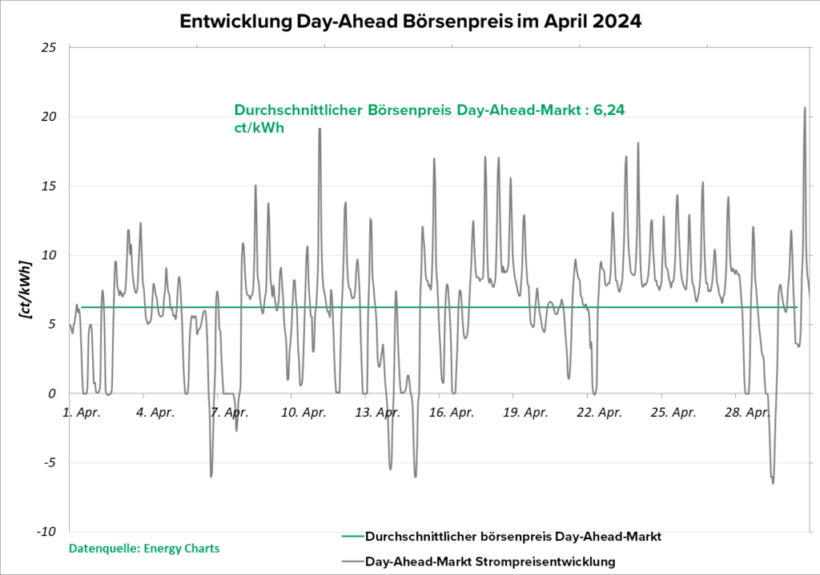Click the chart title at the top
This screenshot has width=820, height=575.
(x=410, y=21)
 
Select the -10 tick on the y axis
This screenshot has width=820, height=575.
(x=46, y=532)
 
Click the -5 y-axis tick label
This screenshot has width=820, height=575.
(x=49, y=463)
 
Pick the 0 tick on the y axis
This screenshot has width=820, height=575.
(x=52, y=393)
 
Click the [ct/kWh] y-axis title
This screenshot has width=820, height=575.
(x=25, y=289)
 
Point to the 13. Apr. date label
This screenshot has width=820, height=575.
(x=378, y=413)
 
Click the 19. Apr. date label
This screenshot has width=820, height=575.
(x=526, y=413)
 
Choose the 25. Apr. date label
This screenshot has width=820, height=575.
(x=673, y=413)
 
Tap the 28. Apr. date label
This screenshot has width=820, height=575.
(x=747, y=413)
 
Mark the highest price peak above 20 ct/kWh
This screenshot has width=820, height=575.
(x=805, y=108)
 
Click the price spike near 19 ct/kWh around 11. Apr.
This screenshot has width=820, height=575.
(x=320, y=129)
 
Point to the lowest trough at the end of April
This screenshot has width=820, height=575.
(x=773, y=483)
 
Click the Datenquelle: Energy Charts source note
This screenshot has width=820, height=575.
(x=144, y=549)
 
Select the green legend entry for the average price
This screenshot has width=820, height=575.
(x=501, y=536)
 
